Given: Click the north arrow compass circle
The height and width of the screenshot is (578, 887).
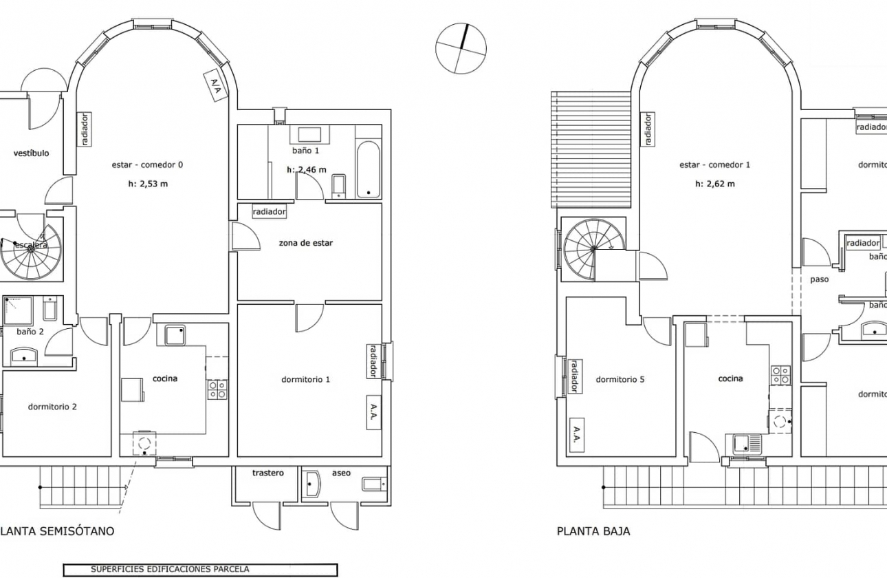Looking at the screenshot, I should [x=461, y=49].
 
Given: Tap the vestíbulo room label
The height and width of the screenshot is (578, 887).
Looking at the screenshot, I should [x=31, y=153].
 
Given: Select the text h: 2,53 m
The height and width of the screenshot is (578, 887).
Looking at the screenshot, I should [x=148, y=184].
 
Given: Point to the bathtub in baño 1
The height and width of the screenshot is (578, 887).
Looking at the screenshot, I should [x=369, y=169].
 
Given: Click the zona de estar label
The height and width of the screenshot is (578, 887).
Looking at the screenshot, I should [x=305, y=243].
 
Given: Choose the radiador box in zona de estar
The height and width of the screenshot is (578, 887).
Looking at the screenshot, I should [x=269, y=212].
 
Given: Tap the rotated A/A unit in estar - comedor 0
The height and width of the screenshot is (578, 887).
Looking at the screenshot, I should [x=215, y=87].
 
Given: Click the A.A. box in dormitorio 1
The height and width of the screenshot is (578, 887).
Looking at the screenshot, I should [x=373, y=412].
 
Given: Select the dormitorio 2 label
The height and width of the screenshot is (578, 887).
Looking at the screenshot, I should [x=52, y=407].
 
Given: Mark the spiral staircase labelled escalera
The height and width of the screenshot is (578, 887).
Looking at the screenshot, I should [x=30, y=248].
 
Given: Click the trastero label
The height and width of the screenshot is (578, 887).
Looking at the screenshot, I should [x=268, y=473].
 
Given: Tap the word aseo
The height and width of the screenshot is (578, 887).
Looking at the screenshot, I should [x=341, y=473].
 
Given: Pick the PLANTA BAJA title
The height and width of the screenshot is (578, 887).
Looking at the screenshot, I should [x=593, y=531].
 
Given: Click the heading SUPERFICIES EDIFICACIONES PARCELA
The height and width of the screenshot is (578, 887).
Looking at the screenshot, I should [x=170, y=570].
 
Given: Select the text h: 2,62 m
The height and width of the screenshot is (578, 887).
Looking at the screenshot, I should [x=715, y=184].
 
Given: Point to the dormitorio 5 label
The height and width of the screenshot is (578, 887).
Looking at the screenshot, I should [x=620, y=379].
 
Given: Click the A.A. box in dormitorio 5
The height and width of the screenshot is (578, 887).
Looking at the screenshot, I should [x=576, y=435].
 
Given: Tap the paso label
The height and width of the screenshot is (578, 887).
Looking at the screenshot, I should [x=819, y=280].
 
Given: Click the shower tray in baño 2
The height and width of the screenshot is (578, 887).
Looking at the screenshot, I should [x=19, y=312].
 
